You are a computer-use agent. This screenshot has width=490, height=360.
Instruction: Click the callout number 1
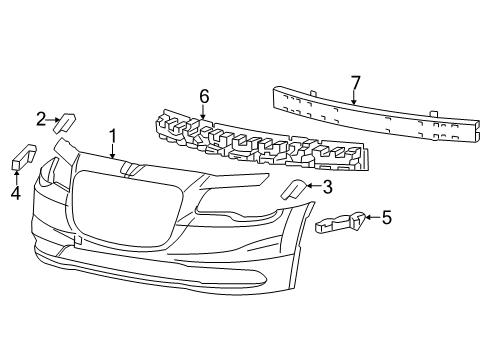pos(113,135)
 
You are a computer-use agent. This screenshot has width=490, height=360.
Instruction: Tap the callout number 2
pos(41,120)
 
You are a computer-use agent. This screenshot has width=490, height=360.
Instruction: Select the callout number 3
pos(327,185)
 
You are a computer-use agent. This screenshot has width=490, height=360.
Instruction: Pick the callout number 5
pos(387,215)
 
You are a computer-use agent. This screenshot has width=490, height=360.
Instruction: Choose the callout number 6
pos(204,96)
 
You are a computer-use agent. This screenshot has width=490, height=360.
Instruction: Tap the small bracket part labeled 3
pos(296,189)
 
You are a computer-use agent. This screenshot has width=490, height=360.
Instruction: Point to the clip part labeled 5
pos(343,221)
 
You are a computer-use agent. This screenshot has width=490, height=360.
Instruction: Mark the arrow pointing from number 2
pos(54,121)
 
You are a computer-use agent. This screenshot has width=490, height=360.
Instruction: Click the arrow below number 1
pos(113,151)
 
